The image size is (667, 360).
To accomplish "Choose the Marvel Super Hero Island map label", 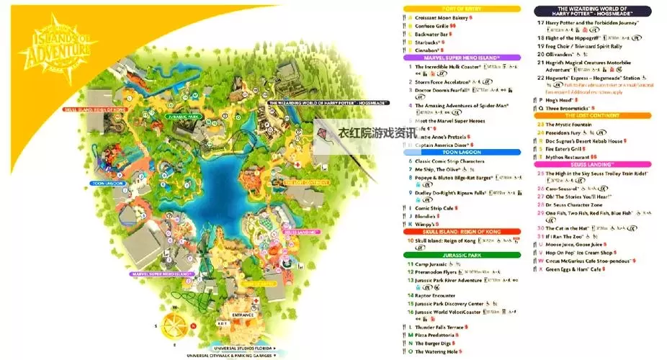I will click(162, 274).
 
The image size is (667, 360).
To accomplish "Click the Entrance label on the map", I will click(244, 315).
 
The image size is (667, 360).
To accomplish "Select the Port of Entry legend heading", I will click(462, 9).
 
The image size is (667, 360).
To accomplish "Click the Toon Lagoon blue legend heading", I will click(462, 153).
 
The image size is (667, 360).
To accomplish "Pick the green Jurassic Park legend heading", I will click(462, 255).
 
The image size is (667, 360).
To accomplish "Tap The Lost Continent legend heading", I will click(593, 115).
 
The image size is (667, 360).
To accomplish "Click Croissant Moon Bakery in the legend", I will click(440, 17).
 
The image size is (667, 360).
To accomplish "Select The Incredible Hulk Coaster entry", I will click(444, 67).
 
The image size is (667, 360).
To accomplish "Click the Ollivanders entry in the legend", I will click(565, 54).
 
